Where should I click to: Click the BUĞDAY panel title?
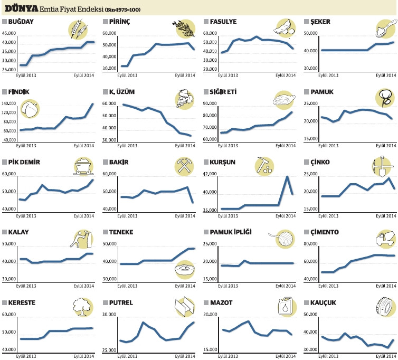[x=21, y=21]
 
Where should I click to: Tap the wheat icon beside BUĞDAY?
[x=78, y=29]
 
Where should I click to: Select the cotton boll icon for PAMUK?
[x=384, y=97]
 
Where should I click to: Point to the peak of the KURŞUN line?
[x=287, y=176]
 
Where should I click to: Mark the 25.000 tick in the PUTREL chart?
[x=109, y=350]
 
